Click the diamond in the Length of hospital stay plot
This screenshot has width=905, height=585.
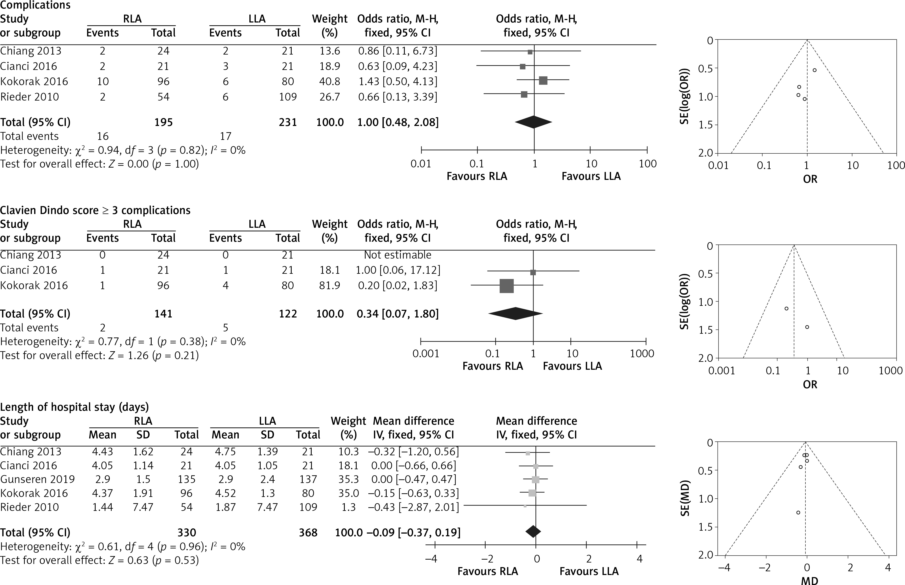tap(533, 531)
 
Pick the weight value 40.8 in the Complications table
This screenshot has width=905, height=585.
tap(330, 81)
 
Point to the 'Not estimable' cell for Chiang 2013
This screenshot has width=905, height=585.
tap(397, 255)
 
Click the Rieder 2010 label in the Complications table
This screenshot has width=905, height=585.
tap(30, 97)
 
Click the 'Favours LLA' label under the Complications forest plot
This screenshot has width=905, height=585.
tap(591, 176)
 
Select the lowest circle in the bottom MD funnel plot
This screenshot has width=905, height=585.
tap(798, 512)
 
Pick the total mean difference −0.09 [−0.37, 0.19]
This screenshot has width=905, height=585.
tap(413, 533)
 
